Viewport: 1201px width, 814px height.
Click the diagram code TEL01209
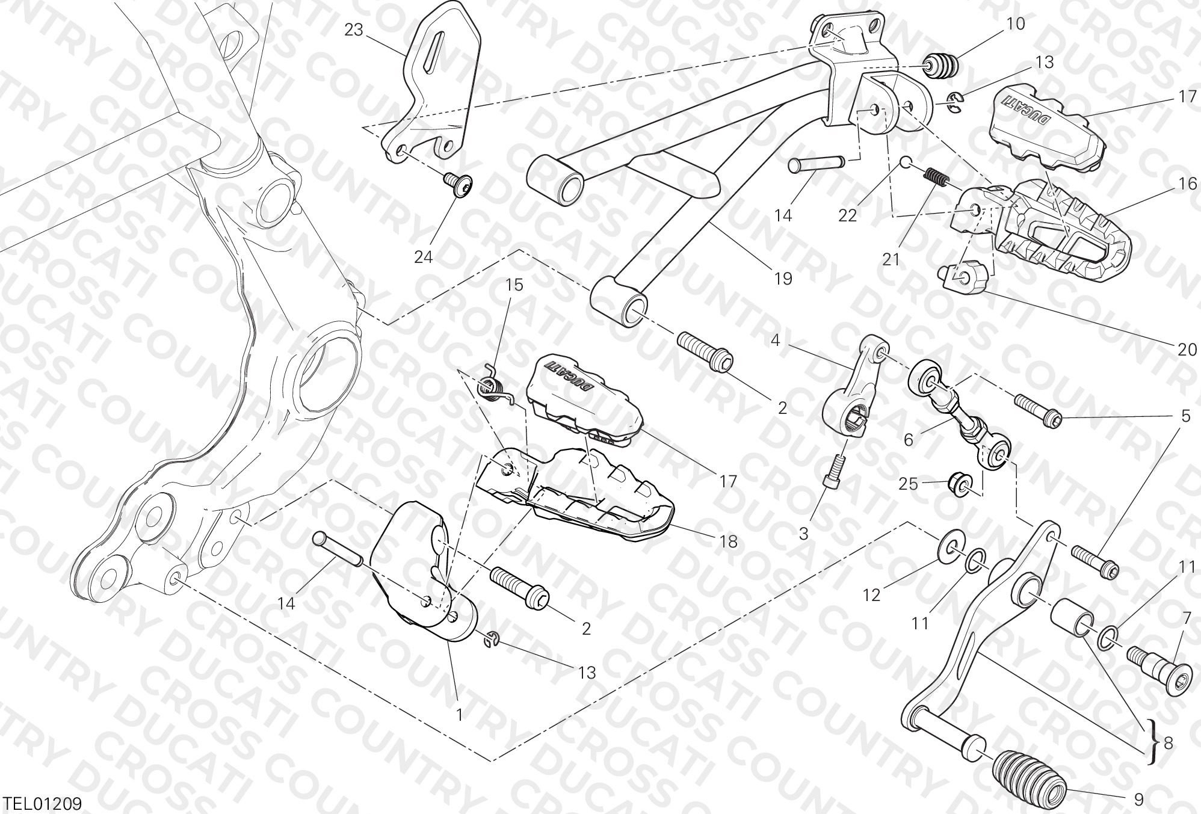(x=42, y=803)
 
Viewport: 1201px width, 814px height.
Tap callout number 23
(x=354, y=29)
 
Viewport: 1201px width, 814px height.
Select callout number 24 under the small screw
(x=424, y=257)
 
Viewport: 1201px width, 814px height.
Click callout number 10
(x=1016, y=24)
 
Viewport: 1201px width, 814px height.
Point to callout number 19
(x=783, y=279)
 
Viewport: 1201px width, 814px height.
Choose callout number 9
(x=1138, y=800)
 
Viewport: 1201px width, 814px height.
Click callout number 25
(x=909, y=483)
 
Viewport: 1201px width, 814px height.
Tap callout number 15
(x=514, y=285)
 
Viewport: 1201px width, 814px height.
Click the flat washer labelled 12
(x=951, y=545)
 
